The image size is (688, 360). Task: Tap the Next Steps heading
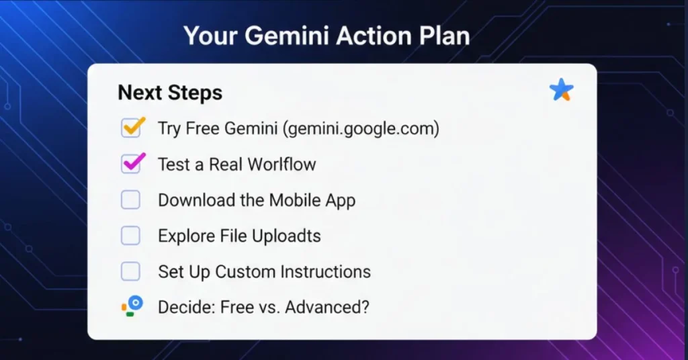click(170, 93)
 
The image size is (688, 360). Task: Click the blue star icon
click(561, 90)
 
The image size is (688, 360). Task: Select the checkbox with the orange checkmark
click(131, 128)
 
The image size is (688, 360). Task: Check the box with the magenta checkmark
click(131, 163)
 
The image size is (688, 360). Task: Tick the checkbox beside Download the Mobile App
click(130, 199)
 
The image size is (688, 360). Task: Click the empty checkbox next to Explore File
click(130, 235)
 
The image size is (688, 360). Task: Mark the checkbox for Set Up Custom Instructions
click(130, 271)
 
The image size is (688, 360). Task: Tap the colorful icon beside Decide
click(132, 306)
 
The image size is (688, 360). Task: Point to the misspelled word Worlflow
click(282, 164)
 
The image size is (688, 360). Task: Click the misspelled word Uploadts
click(287, 236)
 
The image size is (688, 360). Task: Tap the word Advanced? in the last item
click(327, 307)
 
